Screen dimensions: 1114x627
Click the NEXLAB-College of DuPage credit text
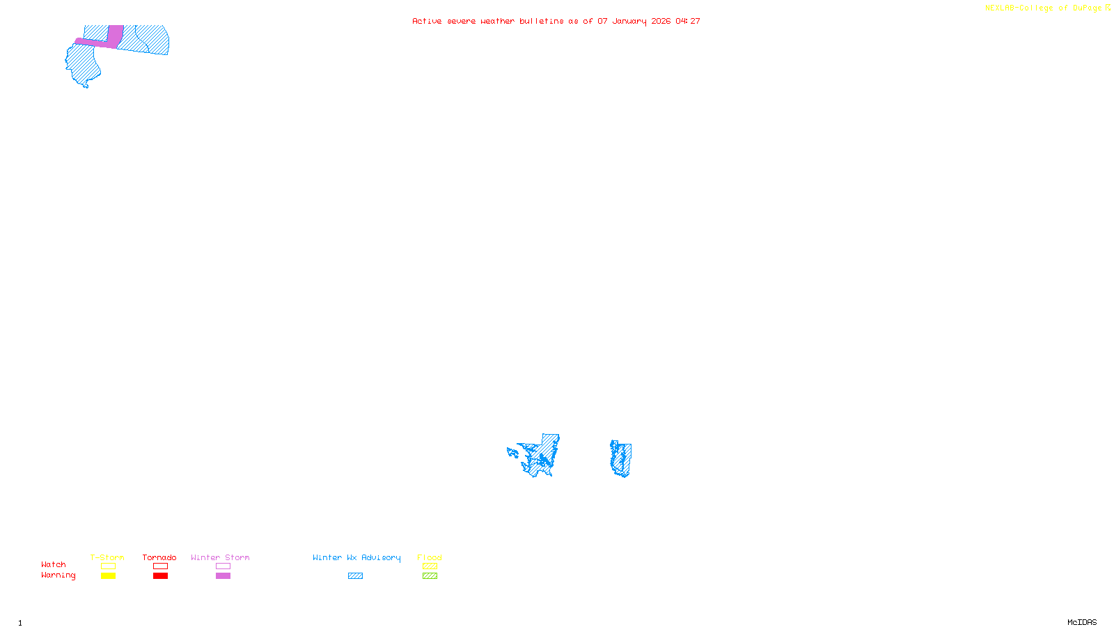1043,8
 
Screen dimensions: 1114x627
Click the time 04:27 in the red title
687,21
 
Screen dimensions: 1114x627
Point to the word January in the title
629,21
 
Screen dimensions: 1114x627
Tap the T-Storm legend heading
107,557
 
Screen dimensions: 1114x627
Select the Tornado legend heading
159,557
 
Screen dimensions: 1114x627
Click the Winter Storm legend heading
220,557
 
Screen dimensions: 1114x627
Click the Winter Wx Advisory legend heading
356,557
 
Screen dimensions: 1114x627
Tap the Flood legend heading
430,557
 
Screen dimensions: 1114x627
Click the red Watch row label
54,564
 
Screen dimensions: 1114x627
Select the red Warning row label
58,575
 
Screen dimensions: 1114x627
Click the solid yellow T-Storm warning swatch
108,576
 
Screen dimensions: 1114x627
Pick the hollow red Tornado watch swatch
160,566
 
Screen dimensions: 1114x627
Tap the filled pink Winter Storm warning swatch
223,576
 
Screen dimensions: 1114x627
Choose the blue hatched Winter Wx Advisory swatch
355,576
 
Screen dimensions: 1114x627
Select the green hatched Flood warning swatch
430,576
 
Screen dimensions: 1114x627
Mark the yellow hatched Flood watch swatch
430,566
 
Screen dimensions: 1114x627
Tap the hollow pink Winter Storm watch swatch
223,566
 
